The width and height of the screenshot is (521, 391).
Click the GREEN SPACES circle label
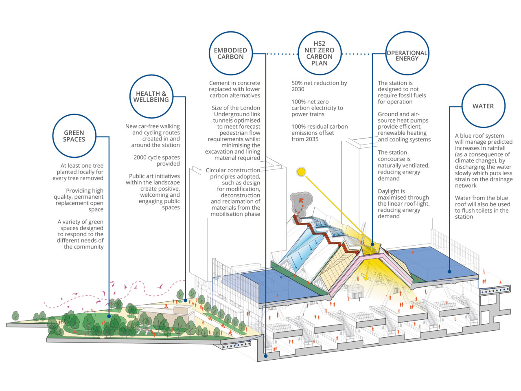click(74, 136)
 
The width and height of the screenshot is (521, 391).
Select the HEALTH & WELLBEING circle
click(151, 97)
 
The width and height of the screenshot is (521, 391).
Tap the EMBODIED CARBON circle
click(231, 53)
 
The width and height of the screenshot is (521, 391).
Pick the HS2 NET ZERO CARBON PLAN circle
click(320, 53)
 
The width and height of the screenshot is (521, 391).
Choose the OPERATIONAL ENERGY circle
click(407, 55)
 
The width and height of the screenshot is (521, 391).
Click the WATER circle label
click(483, 106)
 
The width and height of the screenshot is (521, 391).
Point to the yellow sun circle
click(301, 172)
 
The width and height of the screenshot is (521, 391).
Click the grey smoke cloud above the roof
click(301, 200)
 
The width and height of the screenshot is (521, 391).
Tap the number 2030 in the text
click(298, 89)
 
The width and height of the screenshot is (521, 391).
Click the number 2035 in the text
click(312, 139)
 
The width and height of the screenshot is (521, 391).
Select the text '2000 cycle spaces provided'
click(157, 160)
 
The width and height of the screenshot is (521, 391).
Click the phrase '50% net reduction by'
click(319, 83)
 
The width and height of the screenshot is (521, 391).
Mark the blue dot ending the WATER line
click(450, 271)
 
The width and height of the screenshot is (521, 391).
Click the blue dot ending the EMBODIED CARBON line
click(266, 356)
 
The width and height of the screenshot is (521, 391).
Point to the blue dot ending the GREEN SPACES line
click(109, 316)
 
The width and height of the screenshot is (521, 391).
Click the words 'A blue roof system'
click(479, 136)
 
